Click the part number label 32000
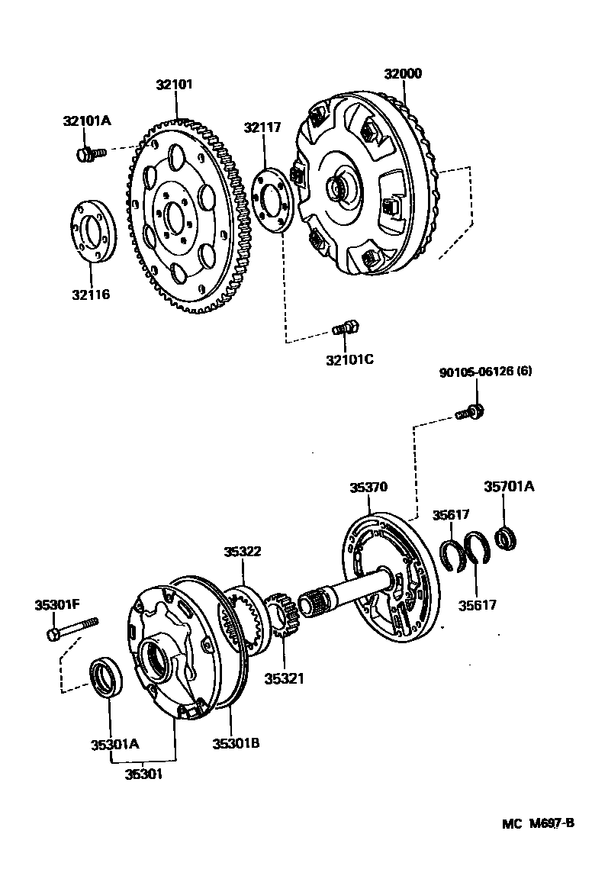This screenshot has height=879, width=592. [403, 74]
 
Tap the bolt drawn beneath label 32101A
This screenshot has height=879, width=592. [89, 155]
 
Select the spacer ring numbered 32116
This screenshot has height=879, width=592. [93, 232]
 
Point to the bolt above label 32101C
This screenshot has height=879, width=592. [346, 329]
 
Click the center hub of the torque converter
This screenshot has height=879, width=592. [338, 187]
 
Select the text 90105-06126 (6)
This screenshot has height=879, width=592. [485, 372]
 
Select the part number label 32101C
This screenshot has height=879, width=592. [349, 359]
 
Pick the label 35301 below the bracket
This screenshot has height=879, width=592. [143, 773]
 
